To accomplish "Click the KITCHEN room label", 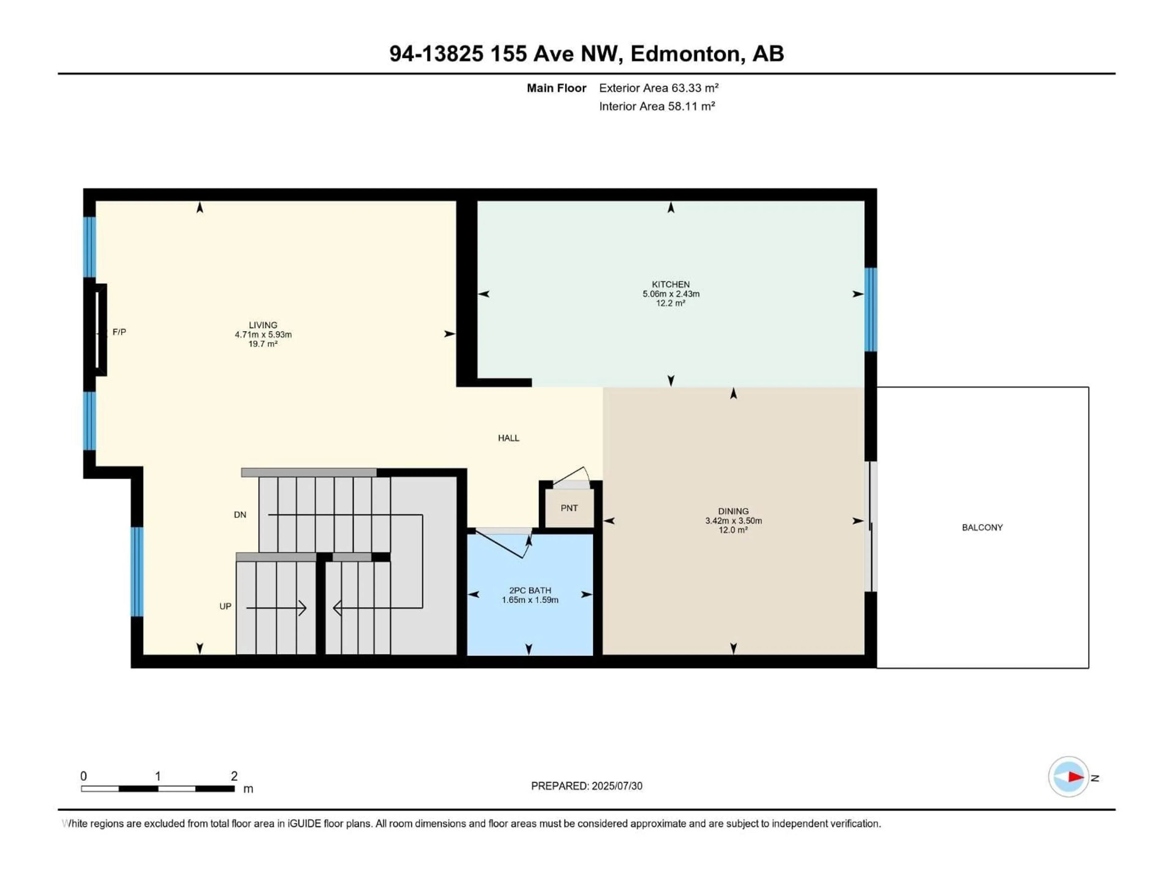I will pyautogui.click(x=670, y=284).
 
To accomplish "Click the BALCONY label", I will pyautogui.click(x=982, y=527).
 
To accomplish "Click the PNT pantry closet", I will pyautogui.click(x=569, y=508).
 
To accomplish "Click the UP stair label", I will pyautogui.click(x=225, y=606).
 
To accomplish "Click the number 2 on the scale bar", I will pyautogui.click(x=234, y=776).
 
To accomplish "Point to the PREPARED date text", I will pyautogui.click(x=586, y=786).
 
